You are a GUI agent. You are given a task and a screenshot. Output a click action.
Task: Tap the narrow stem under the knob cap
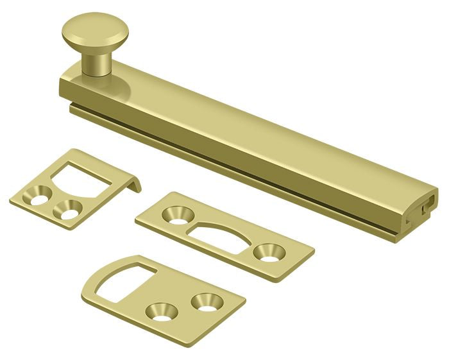[97, 60]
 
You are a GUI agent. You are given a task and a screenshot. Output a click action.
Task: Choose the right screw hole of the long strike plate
[265, 252]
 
